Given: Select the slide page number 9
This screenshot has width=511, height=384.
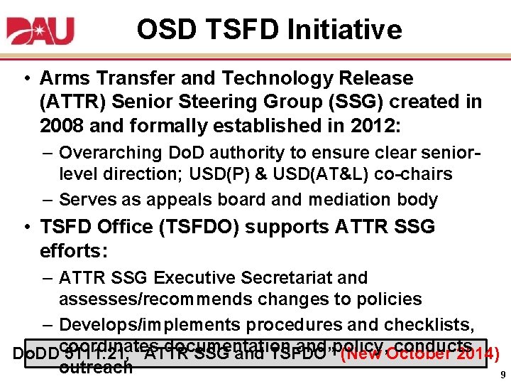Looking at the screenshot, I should coord(502,375).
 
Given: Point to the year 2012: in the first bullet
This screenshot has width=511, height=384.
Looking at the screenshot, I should coord(375,126).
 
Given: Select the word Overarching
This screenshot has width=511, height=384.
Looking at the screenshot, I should coord(111,153).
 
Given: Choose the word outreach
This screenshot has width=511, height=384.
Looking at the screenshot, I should coord(96,367).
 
